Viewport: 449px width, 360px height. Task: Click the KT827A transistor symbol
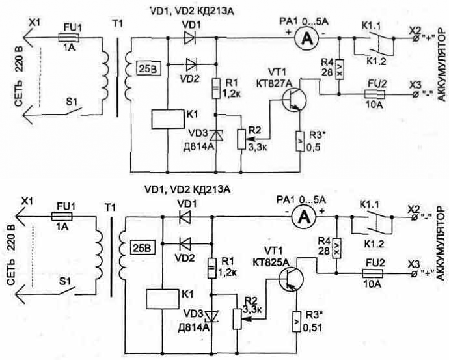pyautogui.click(x=293, y=100)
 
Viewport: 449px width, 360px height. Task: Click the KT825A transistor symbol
pyautogui.click(x=291, y=279)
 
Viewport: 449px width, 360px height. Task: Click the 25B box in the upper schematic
pyautogui.click(x=148, y=69)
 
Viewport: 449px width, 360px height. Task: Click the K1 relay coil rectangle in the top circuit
pyautogui.click(x=167, y=119)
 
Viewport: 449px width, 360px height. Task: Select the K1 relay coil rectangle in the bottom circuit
pyautogui.click(x=163, y=299)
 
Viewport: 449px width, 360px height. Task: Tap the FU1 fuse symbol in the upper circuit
pyautogui.click(x=68, y=37)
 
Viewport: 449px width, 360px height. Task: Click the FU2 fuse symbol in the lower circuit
pyautogui.click(x=373, y=273)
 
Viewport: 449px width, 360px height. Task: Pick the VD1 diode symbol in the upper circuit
pyautogui.click(x=190, y=37)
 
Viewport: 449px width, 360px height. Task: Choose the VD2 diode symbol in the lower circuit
pyautogui.click(x=185, y=243)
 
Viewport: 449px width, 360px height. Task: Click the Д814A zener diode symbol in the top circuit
pyautogui.click(x=216, y=135)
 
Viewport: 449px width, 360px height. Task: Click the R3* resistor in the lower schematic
pyautogui.click(x=297, y=322)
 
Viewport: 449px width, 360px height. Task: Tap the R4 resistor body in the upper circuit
pyautogui.click(x=339, y=69)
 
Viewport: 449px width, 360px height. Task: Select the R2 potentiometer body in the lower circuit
pyautogui.click(x=238, y=319)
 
